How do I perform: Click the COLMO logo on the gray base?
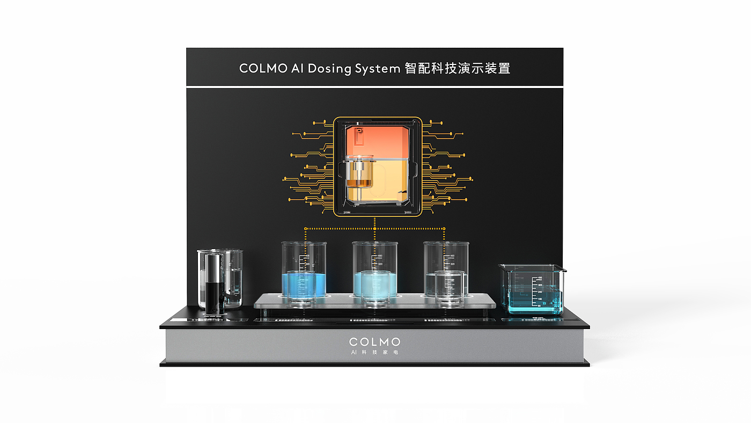pos(374,342)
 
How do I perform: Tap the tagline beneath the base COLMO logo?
pos(374,353)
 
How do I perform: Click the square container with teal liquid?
pos(532,290)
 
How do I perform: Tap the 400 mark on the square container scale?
pos(540,278)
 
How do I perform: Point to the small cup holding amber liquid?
pos(359,174)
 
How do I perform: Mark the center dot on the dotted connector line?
pos(374,228)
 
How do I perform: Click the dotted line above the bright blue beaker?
pos(305,236)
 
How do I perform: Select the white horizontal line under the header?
pos(374,86)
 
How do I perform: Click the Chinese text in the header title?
pos(456,69)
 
